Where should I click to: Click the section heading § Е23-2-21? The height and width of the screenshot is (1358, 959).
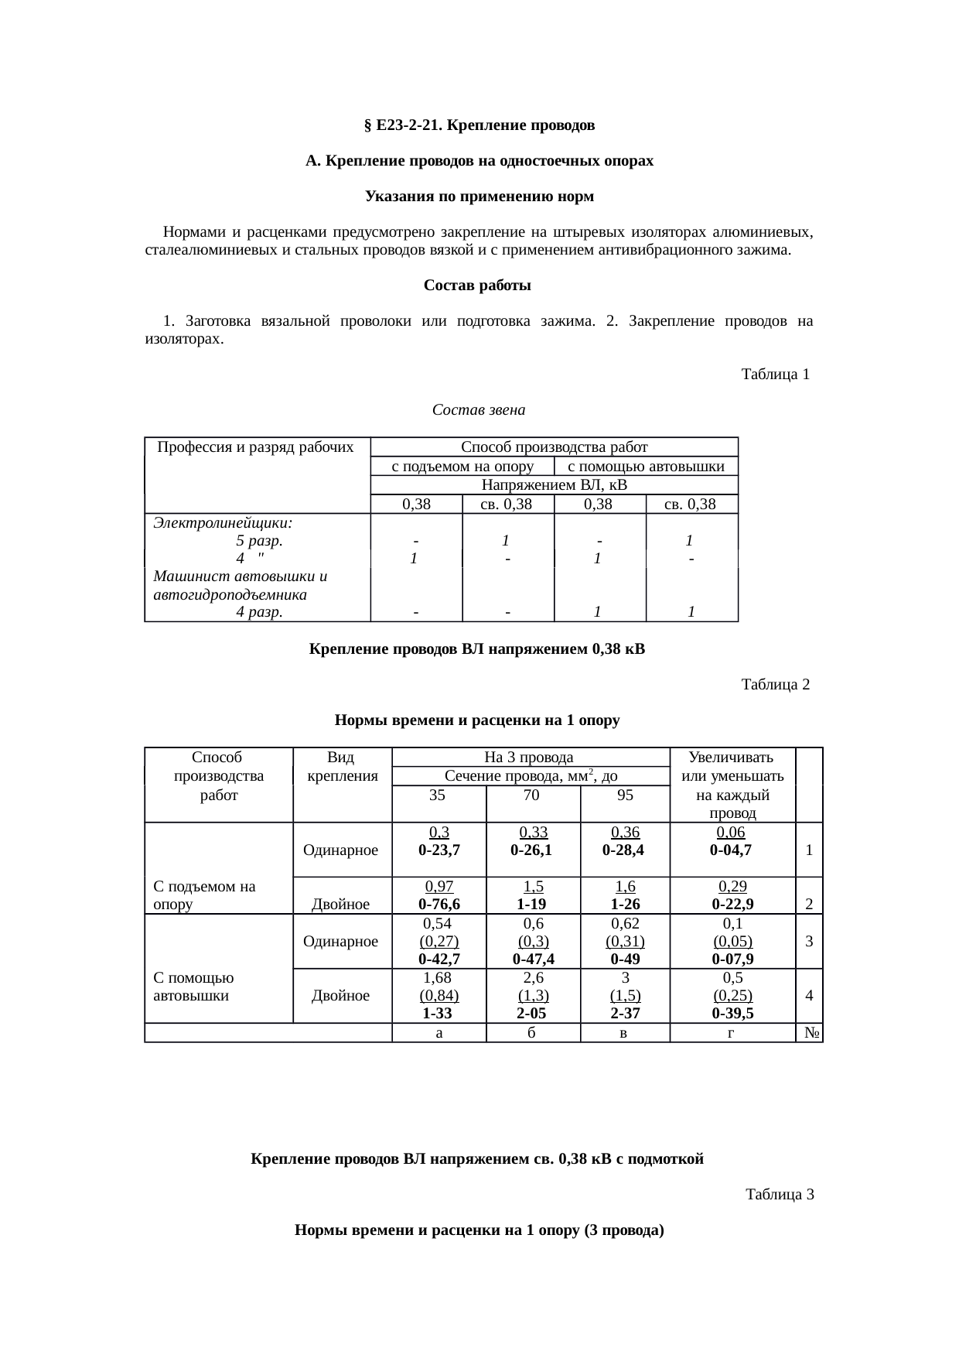click(479, 125)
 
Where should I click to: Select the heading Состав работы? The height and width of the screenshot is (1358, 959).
click(477, 286)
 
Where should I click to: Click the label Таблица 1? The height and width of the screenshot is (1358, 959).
click(775, 375)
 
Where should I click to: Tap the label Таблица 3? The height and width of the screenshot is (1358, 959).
click(779, 1195)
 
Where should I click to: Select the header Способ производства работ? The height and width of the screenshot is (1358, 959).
click(554, 446)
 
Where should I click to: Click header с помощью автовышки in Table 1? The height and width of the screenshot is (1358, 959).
click(646, 466)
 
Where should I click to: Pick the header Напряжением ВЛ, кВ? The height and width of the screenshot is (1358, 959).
click(554, 485)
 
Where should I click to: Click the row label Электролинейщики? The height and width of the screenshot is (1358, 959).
click(223, 523)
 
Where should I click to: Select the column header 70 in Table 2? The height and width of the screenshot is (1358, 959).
click(532, 795)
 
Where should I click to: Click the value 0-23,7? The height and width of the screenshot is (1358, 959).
click(439, 850)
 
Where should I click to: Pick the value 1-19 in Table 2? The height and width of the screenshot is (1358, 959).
click(532, 904)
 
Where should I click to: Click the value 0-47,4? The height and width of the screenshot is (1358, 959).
click(532, 959)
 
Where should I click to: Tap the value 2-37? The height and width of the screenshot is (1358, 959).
click(624, 1014)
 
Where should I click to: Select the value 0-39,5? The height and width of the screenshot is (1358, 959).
click(732, 1014)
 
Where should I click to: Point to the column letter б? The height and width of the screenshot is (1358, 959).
click(532, 1033)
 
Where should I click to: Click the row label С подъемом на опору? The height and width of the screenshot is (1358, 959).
click(205, 895)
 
